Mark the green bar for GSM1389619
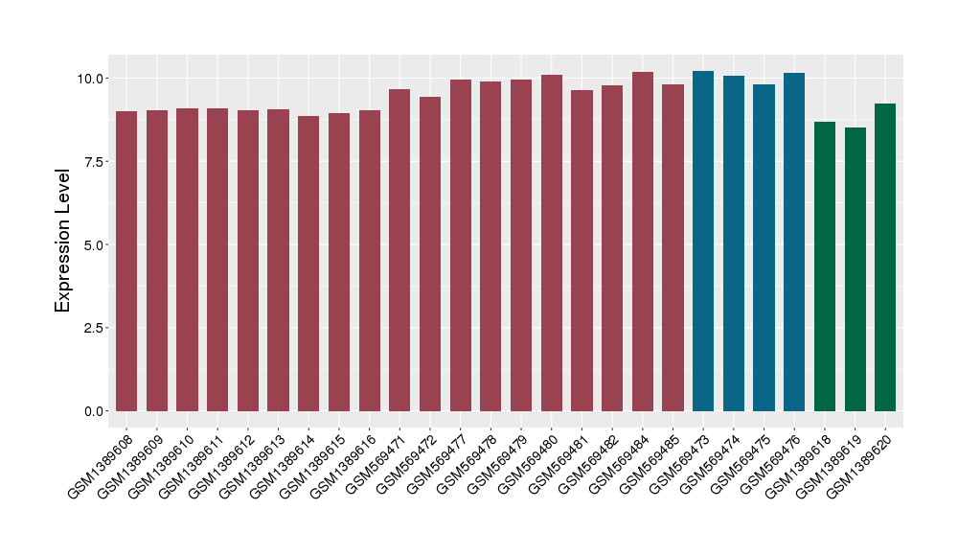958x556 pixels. (x=855, y=269)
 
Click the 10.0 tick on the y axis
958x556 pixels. (x=93, y=78)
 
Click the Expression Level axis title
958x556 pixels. (x=63, y=241)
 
